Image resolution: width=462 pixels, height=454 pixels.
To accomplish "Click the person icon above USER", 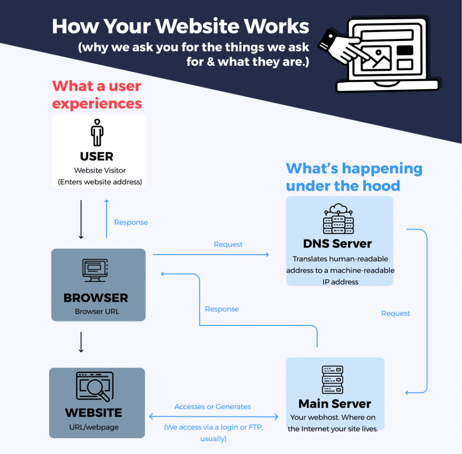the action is pos(97,133).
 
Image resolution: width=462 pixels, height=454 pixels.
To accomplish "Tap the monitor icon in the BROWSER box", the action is pos(95,270).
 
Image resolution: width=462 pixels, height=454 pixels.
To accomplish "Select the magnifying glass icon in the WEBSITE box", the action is pos(95,386).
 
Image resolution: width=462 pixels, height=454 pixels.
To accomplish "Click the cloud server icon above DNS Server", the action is pos(338,219).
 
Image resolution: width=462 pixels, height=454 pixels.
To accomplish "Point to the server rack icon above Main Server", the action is pos(333,380).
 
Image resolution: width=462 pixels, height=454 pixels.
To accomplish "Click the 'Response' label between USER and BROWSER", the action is pos(131,222).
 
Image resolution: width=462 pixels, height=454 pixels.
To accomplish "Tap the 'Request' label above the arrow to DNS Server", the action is pos(228,244).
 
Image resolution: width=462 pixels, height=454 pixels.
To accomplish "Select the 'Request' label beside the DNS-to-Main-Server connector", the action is pos(395,313).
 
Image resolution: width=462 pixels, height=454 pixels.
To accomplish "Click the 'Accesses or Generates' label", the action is pos(213,407).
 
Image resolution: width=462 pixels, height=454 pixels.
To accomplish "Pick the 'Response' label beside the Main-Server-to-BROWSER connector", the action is pos(222,309).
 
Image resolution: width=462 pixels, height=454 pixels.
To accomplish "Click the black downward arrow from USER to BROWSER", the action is pos(81,220).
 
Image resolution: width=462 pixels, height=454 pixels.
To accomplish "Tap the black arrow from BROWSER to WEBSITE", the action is pos(81,342).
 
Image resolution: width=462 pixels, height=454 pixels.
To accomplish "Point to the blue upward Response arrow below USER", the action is pos(106,219).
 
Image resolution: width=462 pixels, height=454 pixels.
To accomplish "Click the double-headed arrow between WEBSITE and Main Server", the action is pos(213,417).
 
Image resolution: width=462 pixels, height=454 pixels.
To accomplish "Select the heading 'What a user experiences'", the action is pos(97,95).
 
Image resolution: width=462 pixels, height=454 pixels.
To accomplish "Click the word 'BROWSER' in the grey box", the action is pos(96,298).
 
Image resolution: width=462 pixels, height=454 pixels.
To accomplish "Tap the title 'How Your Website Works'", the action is pos(180,27).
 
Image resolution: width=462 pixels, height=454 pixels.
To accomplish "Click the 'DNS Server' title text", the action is pos(337,244).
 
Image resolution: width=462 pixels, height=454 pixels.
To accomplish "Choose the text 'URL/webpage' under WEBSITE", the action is pos(94,427).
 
